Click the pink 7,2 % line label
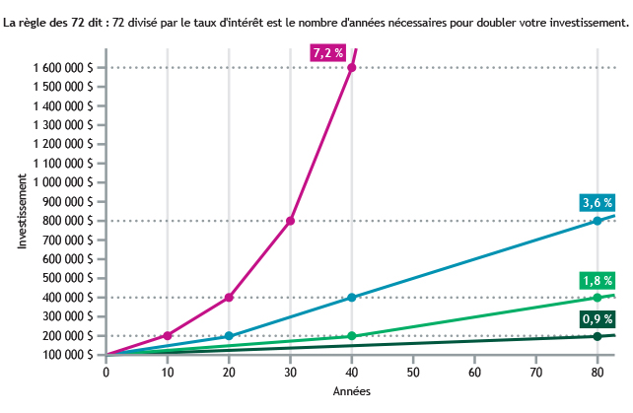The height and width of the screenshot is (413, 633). click(x=327, y=53)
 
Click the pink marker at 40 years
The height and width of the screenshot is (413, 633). click(x=352, y=67)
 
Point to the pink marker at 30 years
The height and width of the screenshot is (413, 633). click(x=290, y=221)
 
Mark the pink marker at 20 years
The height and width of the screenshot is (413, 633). click(x=229, y=298)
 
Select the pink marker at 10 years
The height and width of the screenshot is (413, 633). click(x=168, y=336)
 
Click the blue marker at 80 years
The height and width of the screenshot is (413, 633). click(x=598, y=221)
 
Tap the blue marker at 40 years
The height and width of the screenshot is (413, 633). click(x=352, y=298)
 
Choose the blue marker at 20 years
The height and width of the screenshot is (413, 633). click(x=229, y=336)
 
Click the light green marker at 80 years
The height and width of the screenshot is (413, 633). click(x=598, y=298)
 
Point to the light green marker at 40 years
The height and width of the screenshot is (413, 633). click(x=352, y=336)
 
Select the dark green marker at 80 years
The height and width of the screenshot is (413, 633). click(x=598, y=336)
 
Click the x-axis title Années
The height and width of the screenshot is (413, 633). click(x=351, y=392)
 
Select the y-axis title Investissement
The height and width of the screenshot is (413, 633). click(x=22, y=211)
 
